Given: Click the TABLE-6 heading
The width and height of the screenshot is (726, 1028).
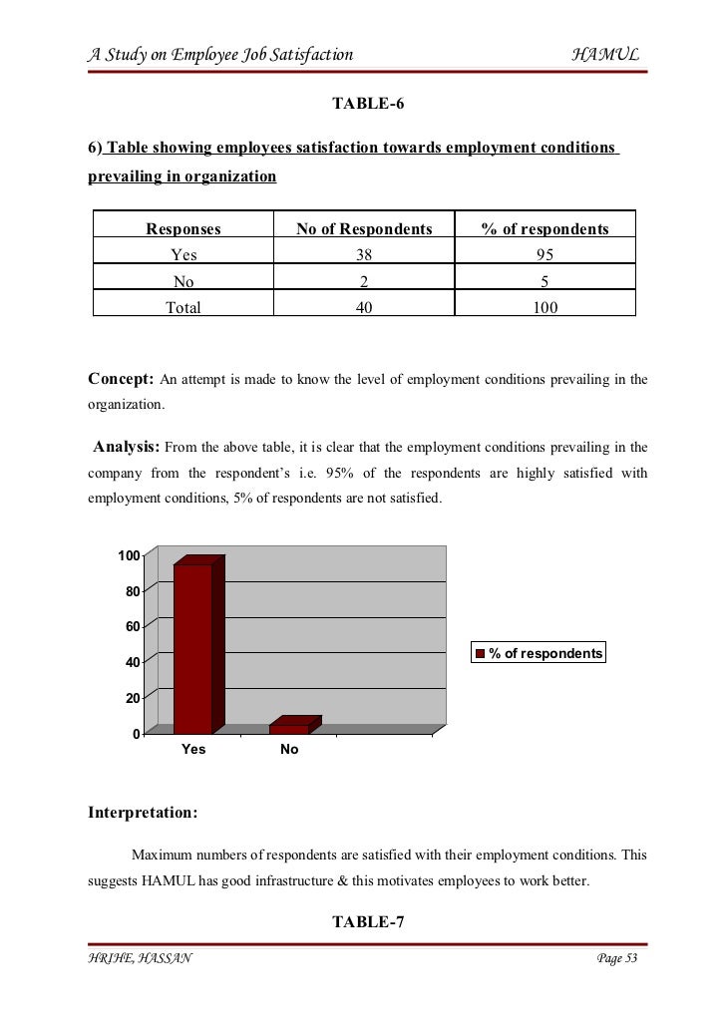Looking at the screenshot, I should click(367, 104).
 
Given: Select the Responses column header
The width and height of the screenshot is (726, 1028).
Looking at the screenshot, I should click(183, 229).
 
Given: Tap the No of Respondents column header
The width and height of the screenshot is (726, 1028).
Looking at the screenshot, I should click(364, 229).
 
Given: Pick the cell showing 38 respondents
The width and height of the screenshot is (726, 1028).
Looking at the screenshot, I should click(364, 255).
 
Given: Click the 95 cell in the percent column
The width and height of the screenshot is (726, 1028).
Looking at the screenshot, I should click(544, 255).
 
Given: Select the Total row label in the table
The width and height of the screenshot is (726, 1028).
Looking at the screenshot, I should click(183, 308).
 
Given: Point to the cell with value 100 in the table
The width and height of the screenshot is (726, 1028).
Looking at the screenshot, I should click(544, 308).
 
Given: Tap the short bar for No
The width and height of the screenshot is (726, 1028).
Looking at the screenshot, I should click(289, 728).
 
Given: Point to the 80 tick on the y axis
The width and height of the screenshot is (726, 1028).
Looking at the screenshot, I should click(132, 591).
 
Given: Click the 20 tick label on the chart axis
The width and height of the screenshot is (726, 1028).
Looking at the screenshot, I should click(132, 699).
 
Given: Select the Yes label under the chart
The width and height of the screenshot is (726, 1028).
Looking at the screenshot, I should click(193, 750).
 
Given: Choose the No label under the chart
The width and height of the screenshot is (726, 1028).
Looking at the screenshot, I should click(289, 750).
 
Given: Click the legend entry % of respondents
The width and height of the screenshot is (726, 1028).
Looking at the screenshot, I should click(539, 654).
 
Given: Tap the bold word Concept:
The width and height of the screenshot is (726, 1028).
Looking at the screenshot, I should click(121, 380).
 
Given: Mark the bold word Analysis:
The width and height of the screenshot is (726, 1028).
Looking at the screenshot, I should click(126, 446).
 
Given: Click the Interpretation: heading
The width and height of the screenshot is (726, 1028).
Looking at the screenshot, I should click(143, 813).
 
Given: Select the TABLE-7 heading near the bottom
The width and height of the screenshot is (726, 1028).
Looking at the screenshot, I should click(367, 922).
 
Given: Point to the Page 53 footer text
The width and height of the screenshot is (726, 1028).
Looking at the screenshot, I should click(616, 959).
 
